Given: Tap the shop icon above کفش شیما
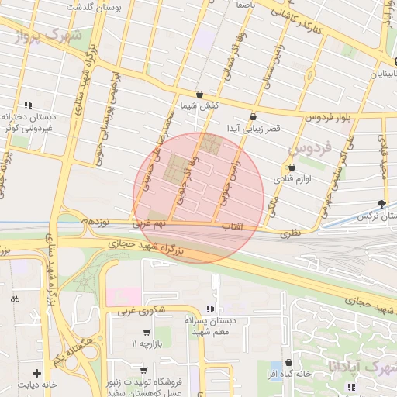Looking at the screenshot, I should [199, 94].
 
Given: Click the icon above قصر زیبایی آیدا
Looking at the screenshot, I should [253, 116].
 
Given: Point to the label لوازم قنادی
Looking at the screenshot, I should [292, 179].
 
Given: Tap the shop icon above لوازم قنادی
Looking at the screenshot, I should [292, 167].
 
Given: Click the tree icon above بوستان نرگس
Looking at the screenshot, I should [381, 204].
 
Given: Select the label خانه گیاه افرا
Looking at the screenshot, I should [309, 374].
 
